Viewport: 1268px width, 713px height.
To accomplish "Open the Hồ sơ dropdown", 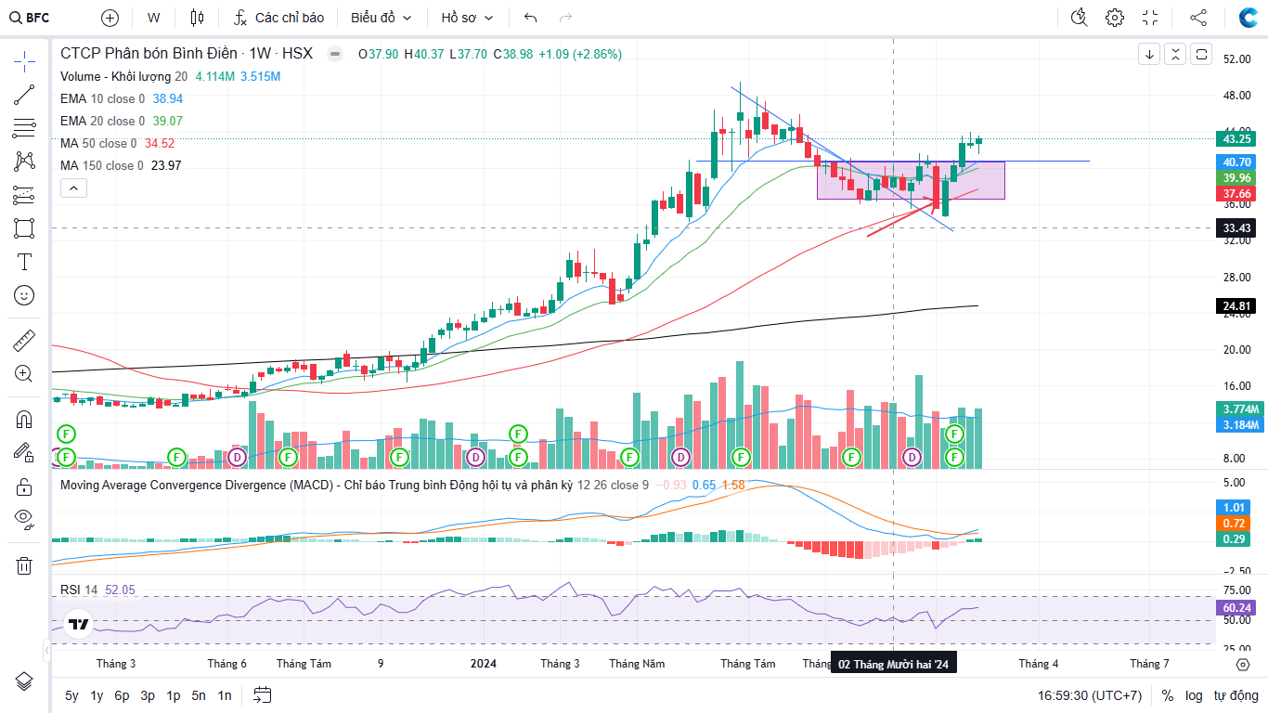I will click(x=467, y=18).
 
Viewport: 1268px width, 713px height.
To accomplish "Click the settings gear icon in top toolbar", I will click(x=1115, y=18).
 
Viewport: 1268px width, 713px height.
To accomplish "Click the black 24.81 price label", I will click(x=1236, y=305).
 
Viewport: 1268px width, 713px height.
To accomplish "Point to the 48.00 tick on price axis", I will click(x=1236, y=96).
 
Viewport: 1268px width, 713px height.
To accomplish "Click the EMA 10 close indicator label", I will click(x=102, y=98).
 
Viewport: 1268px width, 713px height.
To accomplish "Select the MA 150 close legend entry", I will click(x=102, y=165).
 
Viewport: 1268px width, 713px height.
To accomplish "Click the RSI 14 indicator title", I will click(x=79, y=590).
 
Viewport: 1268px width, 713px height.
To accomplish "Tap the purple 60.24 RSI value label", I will click(x=1236, y=608).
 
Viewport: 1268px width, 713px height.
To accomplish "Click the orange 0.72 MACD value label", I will click(x=1236, y=524).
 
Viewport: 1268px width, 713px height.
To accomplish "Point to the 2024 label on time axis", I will click(x=483, y=663).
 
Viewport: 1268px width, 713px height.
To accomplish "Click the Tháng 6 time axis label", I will click(x=226, y=663).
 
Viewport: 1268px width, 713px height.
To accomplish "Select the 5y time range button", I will click(x=71, y=695).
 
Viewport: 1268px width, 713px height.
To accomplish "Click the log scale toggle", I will click(x=1194, y=695).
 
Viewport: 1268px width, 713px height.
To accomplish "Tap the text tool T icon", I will click(x=24, y=262).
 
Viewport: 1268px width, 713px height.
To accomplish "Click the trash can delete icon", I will click(x=24, y=565).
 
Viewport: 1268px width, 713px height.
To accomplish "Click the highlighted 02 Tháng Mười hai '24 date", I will click(x=893, y=664).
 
